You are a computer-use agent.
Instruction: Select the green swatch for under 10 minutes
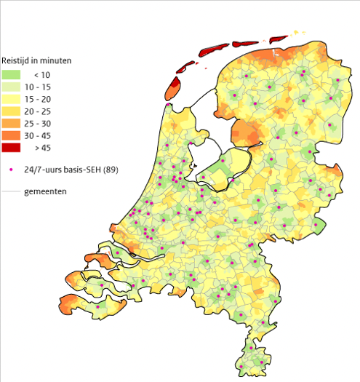tap(12, 74)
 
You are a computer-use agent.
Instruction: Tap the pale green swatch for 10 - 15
tap(12, 87)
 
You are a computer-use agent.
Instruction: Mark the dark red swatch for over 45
tap(12, 148)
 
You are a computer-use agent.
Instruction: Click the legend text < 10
tap(41, 74)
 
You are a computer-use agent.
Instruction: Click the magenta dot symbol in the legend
tap(11, 170)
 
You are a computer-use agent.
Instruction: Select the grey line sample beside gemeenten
tap(10, 191)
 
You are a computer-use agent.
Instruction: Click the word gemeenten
tap(46, 191)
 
